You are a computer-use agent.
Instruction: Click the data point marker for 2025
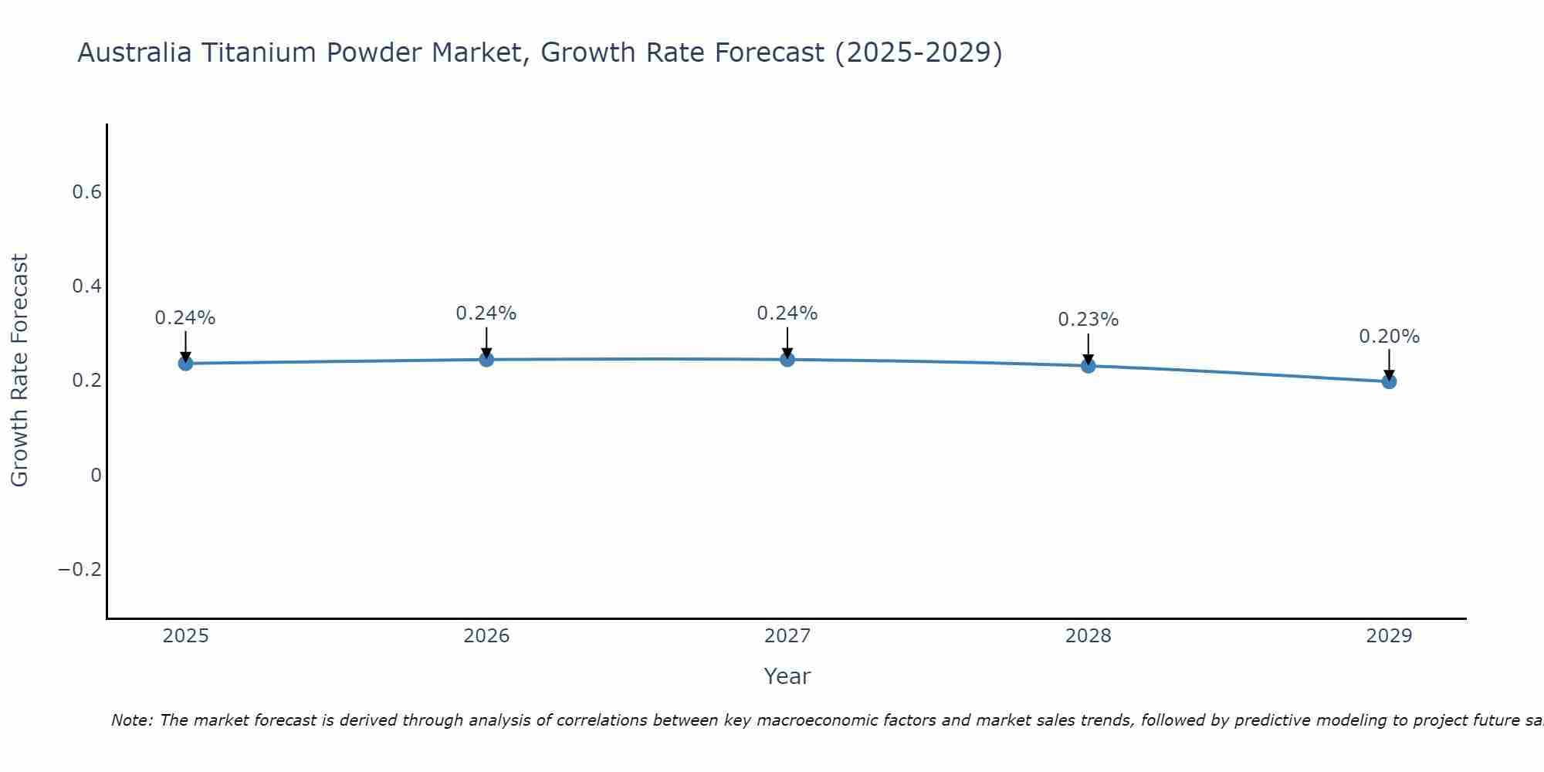pyautogui.click(x=185, y=364)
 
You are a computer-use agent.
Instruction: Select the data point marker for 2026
pyautogui.click(x=486, y=359)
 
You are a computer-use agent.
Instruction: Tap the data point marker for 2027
pyautogui.click(x=787, y=359)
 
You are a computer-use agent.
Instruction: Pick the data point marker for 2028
pyautogui.click(x=1088, y=365)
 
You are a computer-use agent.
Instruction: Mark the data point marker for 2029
pyautogui.click(x=1389, y=381)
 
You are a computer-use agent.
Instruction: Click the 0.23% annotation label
pyautogui.click(x=1088, y=320)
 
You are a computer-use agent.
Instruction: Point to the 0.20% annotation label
pyautogui.click(x=1389, y=337)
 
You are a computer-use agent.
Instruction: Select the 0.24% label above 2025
pyautogui.click(x=185, y=318)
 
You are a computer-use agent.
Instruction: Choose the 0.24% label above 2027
pyautogui.click(x=787, y=313)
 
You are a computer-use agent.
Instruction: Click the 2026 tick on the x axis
pyautogui.click(x=486, y=636)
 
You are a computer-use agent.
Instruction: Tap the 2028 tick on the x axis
pyautogui.click(x=1088, y=636)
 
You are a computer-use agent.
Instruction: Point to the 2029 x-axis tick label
pyautogui.click(x=1389, y=636)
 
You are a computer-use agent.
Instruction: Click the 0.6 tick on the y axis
pyautogui.click(x=87, y=192)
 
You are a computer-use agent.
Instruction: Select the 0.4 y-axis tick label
pyautogui.click(x=87, y=286)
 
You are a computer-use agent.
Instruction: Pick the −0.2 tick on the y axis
pyautogui.click(x=80, y=570)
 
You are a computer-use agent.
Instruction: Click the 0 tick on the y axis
pyautogui.click(x=96, y=476)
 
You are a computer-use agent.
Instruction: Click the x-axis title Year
pyautogui.click(x=787, y=677)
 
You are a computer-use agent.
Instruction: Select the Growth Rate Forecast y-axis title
pyautogui.click(x=19, y=370)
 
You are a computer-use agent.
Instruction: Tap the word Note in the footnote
pyautogui.click(x=130, y=720)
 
